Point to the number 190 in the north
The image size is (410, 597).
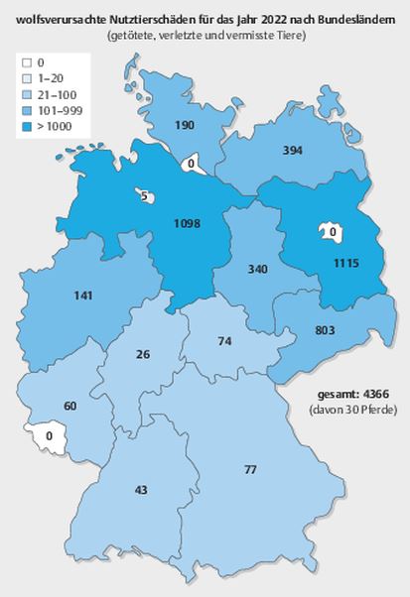tap(184, 125)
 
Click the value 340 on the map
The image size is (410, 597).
tap(258, 270)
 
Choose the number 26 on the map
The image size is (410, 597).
tap(143, 354)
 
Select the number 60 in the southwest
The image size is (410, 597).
tap(69, 406)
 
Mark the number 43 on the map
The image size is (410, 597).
tap(141, 489)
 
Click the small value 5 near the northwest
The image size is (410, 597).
tap(145, 197)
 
